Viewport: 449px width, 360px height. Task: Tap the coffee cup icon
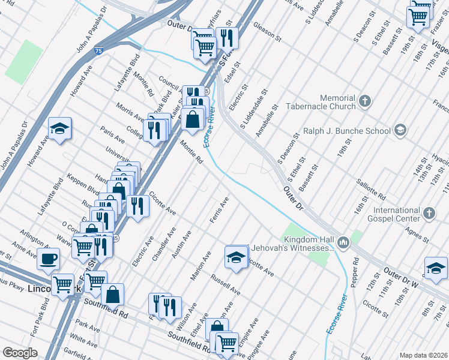point(48,259)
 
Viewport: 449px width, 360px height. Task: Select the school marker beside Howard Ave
point(59,128)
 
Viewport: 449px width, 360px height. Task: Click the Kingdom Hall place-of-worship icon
point(343,242)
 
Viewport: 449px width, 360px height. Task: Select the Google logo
point(20,352)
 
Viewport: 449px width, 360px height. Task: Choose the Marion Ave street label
point(200,265)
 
